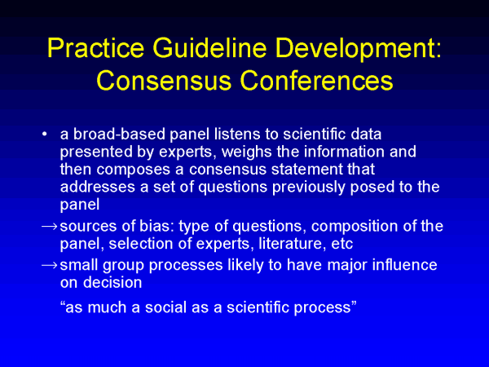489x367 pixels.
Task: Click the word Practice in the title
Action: pos(95,48)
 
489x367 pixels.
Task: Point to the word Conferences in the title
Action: pos(316,80)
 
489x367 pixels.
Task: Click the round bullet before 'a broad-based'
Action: pos(45,135)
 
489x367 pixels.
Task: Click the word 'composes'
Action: pos(134,170)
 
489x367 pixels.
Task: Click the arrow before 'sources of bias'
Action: pos(50,227)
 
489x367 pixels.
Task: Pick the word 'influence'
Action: pos(405,265)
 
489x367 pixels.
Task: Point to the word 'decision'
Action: pos(112,282)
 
